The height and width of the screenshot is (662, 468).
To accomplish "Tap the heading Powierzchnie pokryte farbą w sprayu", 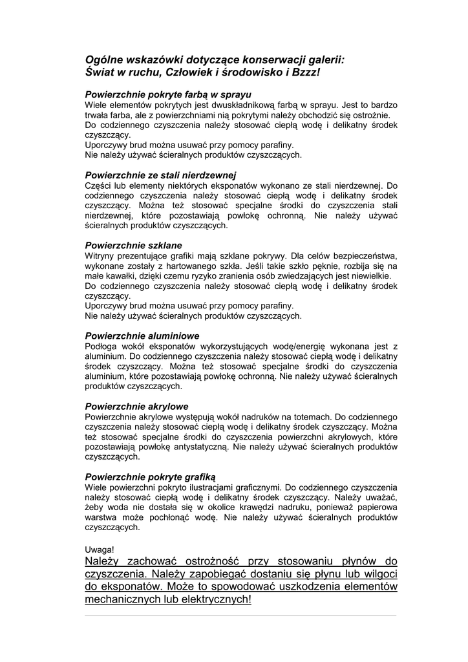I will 168,94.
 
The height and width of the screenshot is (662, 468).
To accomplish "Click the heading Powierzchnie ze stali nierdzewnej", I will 161,175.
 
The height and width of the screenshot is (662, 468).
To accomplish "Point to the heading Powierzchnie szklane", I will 134,245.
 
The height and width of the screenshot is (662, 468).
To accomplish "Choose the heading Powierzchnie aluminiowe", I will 142,336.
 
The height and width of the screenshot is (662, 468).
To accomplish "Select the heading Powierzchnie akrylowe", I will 137,406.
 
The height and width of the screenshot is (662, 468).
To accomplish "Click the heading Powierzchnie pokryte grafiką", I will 150,476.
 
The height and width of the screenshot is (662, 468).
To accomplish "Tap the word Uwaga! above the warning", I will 99,549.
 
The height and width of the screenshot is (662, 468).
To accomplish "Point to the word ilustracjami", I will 204,487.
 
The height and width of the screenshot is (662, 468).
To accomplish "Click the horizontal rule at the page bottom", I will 240,615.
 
